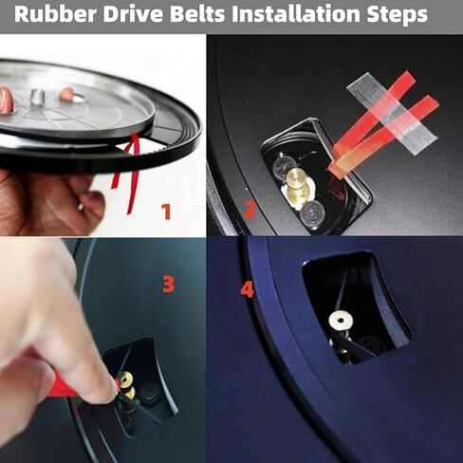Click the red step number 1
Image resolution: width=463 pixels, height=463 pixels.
point(166,211)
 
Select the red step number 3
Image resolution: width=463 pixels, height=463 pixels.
point(168,283)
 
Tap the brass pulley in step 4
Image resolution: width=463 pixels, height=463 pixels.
point(339,322)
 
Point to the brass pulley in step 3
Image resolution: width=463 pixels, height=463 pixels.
point(126,381)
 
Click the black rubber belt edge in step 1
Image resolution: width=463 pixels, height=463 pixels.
point(180,142)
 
